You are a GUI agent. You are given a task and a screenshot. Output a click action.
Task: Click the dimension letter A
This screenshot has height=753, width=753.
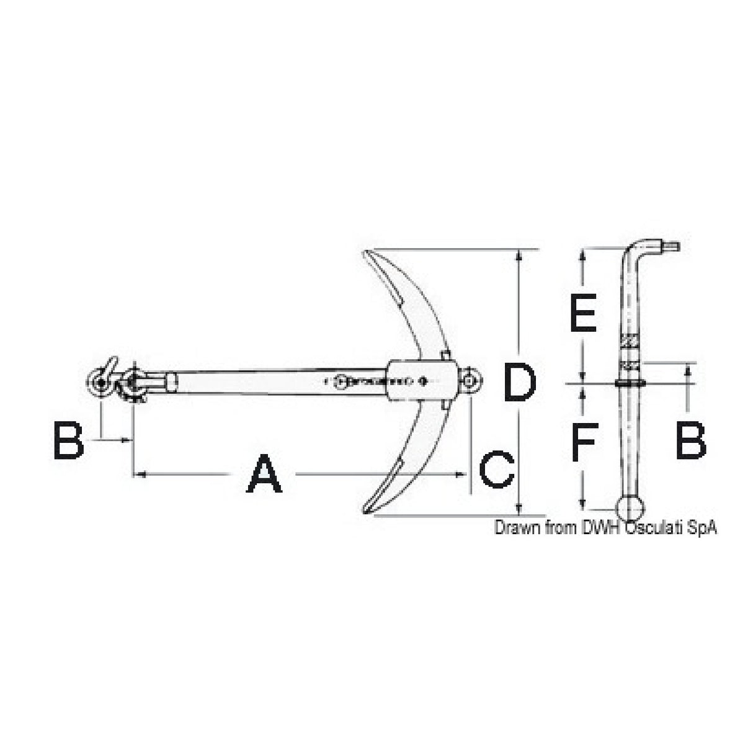264,473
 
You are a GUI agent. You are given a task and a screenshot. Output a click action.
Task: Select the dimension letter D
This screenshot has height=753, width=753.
519,383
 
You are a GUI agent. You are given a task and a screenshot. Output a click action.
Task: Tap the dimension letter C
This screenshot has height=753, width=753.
497,470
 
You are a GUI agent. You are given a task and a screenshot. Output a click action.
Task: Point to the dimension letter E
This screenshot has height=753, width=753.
582,313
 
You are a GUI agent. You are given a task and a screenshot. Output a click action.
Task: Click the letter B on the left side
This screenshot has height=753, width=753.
68,440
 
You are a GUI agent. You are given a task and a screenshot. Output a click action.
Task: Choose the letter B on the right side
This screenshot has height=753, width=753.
690,440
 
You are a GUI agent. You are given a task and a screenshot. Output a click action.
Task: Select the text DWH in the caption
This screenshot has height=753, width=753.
600,528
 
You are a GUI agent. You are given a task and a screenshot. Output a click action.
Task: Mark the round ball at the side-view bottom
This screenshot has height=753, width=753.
632,508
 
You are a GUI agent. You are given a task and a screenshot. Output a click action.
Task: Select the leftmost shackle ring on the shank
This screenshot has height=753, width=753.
99,381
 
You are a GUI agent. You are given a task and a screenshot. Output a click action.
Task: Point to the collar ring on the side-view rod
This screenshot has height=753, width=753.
630,384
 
